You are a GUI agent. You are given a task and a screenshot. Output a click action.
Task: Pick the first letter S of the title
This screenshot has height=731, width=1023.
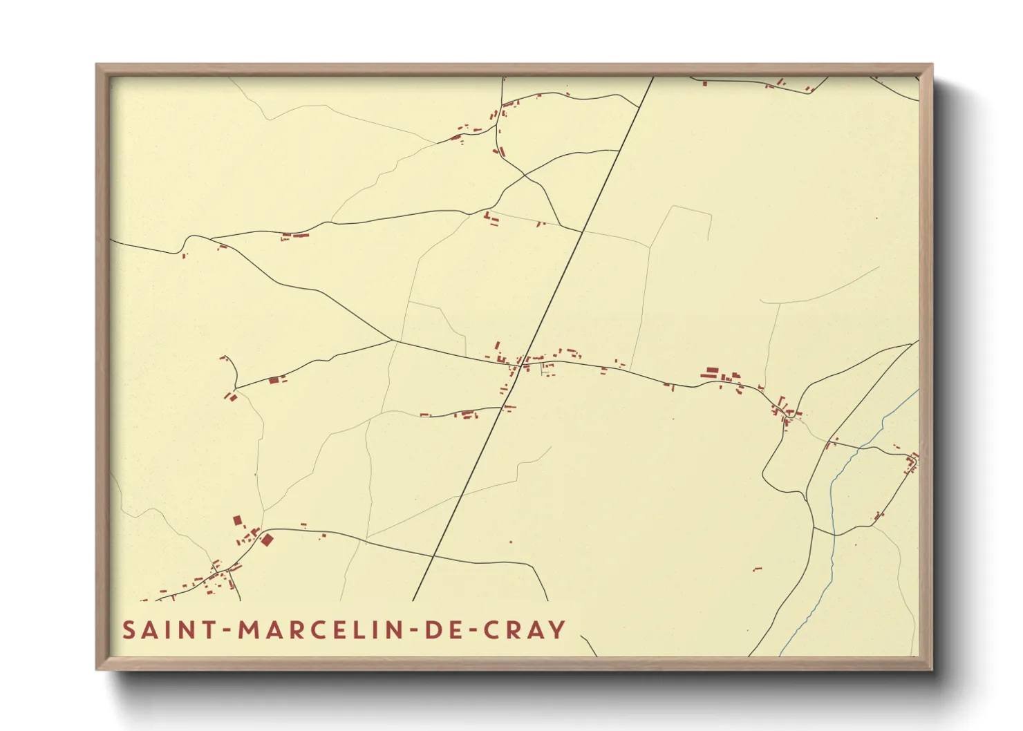pos(129,630)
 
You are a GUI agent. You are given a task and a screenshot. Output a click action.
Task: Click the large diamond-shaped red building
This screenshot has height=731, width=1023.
pos(267,540)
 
